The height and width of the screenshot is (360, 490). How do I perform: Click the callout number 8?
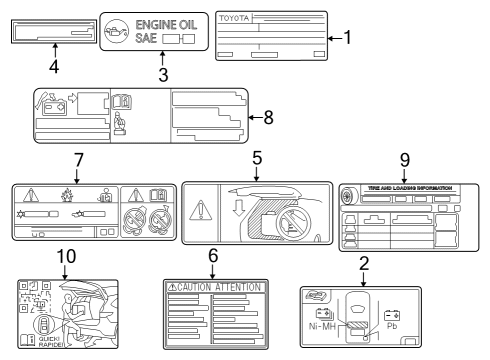pyautogui.click(x=267, y=115)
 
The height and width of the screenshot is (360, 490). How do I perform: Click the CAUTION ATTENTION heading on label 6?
pyautogui.click(x=213, y=286)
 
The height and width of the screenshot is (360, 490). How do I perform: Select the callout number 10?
pyautogui.click(x=65, y=256)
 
